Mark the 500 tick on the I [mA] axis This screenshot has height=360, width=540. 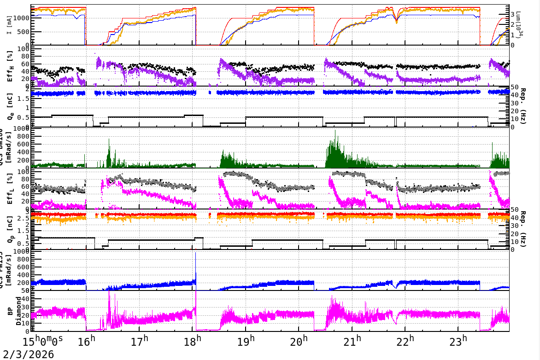[24, 32]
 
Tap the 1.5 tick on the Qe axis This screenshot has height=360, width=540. [23, 99]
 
